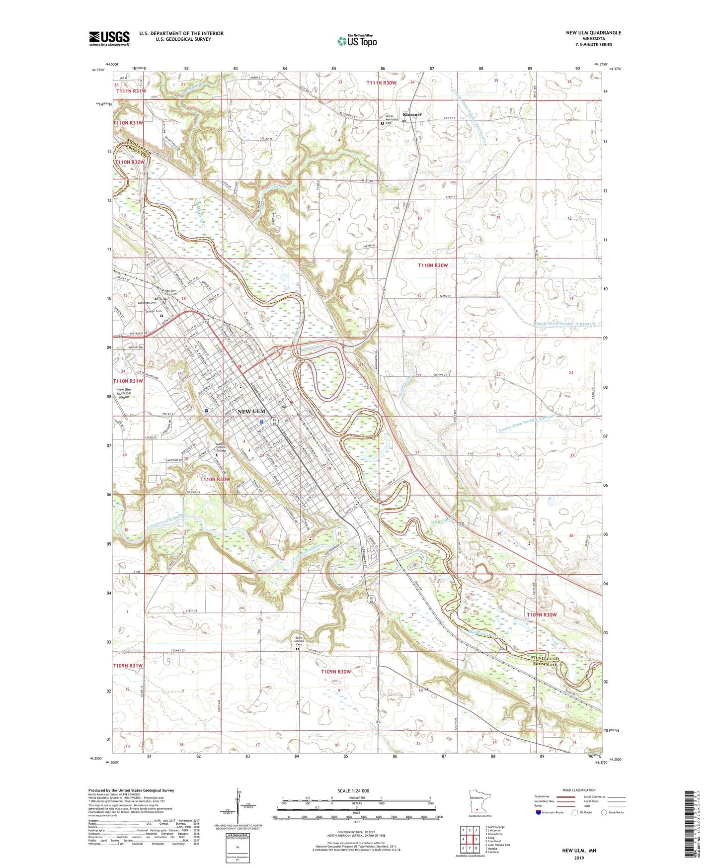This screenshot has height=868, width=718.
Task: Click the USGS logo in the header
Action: (109, 38)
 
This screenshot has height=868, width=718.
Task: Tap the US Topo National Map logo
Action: (356, 41)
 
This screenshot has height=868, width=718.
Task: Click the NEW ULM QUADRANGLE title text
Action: (593, 33)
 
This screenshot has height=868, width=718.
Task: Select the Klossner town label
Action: (412, 114)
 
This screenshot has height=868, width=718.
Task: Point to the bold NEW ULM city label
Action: (251, 411)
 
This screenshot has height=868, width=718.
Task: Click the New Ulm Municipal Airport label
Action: (124, 393)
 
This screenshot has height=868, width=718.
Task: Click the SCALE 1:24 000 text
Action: (353, 790)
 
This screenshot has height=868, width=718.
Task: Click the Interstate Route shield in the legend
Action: (539, 812)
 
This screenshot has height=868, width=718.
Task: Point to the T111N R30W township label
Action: (382, 83)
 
